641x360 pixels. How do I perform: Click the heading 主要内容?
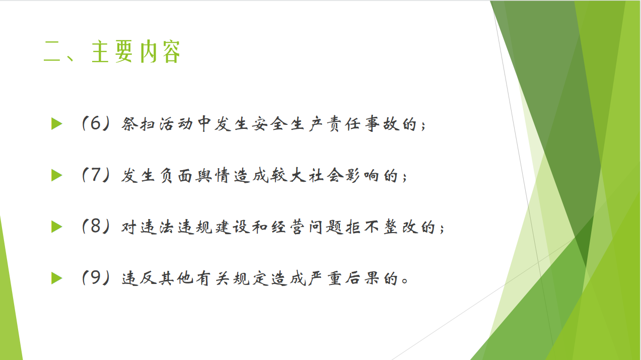coord(135,51)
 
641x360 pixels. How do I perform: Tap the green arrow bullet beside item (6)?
coord(57,124)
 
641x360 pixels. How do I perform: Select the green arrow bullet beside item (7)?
coord(57,175)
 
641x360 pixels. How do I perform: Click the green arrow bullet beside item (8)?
coord(57,227)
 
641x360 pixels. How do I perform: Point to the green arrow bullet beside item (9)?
coord(57,278)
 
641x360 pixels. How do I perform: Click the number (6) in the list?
coord(96,124)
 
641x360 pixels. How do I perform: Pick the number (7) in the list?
coord(96,175)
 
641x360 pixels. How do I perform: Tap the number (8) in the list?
coord(96,227)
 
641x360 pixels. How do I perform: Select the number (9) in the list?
coord(96,278)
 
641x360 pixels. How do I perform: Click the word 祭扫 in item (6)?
coord(138,124)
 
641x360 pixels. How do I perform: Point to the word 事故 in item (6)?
coord(382,124)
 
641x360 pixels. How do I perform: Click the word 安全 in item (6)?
coord(269,124)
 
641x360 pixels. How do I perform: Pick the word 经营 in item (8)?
coord(288,227)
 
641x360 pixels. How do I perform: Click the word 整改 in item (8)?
coord(400,227)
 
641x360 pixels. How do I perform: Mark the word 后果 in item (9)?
coord(362,278)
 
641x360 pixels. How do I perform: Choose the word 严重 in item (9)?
coord(325,278)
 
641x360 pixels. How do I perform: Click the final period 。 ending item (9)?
coord(405,280)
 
